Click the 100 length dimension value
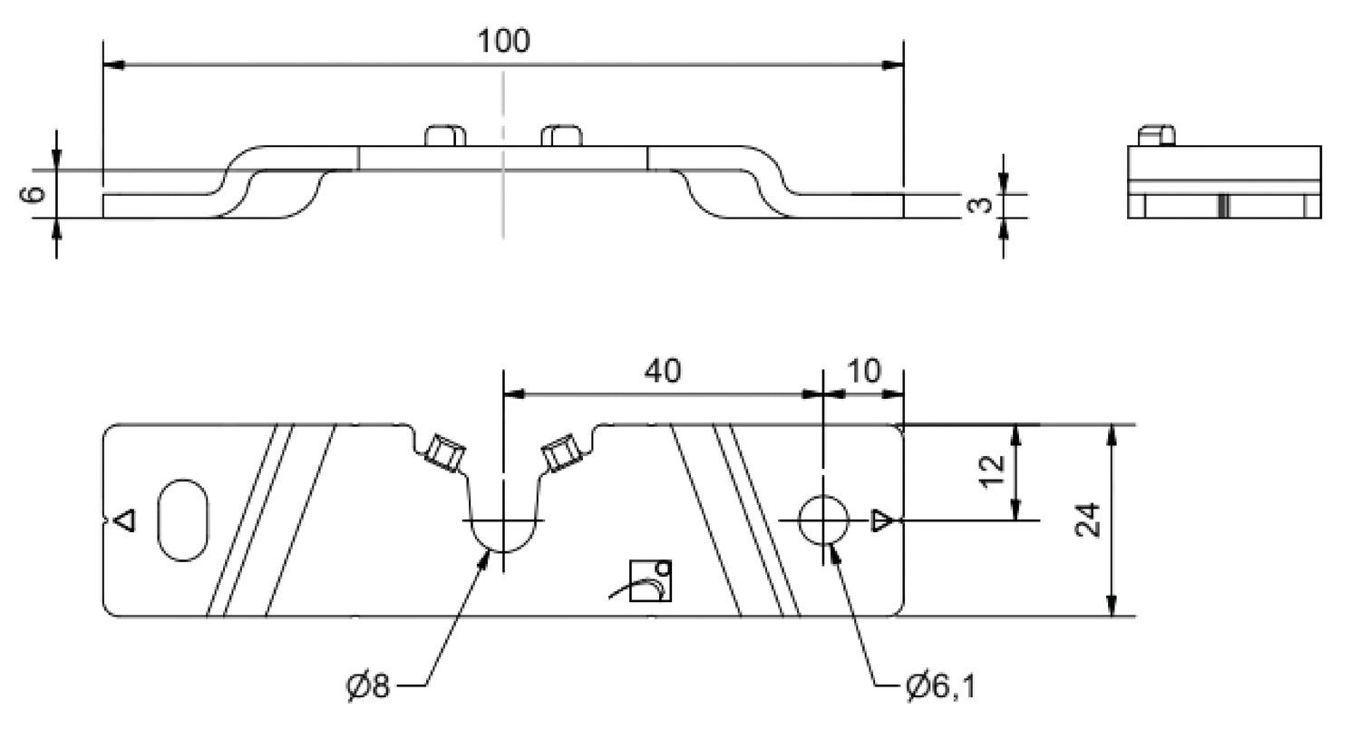tap(503, 41)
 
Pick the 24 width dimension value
tap(1089, 520)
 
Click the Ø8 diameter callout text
tap(367, 685)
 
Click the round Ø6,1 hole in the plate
tap(822, 520)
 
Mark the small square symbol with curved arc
tap(651, 580)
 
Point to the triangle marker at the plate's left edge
tap(126, 520)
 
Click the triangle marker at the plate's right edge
tap(880, 520)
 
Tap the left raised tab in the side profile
tap(445, 135)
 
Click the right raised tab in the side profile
tap(561, 135)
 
